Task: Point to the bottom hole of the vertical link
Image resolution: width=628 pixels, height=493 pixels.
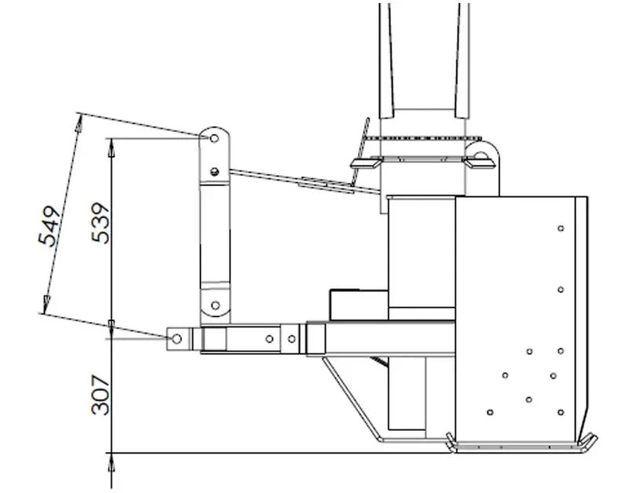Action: pyautogui.click(x=215, y=305)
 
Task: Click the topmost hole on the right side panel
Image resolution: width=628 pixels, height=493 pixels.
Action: pyautogui.click(x=560, y=228)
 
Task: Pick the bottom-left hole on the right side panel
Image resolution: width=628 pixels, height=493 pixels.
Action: pyautogui.click(x=490, y=411)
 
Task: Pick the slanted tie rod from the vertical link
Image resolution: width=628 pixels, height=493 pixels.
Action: pyautogui.click(x=306, y=180)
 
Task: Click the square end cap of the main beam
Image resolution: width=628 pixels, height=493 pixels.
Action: pyautogui.click(x=316, y=338)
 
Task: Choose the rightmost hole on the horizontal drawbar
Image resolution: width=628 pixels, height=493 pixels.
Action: pyautogui.click(x=292, y=339)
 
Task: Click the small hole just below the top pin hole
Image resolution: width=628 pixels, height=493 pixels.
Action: pyautogui.click(x=215, y=170)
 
